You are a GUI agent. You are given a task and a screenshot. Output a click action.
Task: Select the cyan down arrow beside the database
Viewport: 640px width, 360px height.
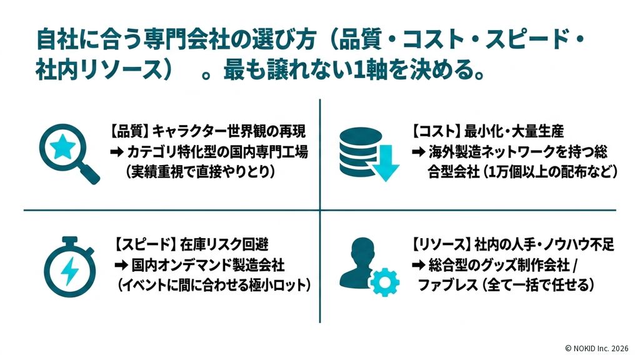[385, 162]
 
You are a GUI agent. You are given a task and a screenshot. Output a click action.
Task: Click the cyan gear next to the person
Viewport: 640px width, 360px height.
[384, 281]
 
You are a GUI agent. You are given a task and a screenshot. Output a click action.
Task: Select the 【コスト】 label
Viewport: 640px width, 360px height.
[435, 131]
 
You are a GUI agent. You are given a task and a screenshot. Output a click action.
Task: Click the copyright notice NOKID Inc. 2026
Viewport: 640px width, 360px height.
[596, 348]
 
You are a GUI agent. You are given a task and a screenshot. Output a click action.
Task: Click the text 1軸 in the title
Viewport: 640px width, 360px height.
[364, 71]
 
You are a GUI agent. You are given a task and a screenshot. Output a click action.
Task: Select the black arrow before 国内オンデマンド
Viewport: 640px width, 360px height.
[121, 265]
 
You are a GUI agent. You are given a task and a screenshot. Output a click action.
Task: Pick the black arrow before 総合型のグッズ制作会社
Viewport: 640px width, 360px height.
[418, 265]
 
